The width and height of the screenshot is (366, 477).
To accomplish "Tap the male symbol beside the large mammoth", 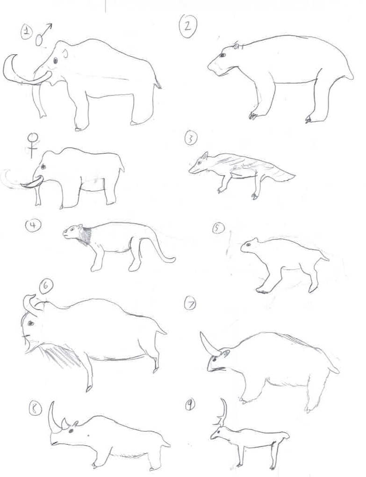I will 43,35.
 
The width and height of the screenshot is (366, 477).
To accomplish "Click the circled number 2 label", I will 188,25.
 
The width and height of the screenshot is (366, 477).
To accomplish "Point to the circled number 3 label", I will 191,139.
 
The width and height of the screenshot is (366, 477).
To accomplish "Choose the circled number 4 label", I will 33,225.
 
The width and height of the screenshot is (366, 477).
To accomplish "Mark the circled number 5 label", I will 218,228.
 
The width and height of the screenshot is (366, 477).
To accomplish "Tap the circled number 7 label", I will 190,304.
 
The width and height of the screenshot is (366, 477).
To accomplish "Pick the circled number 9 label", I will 190,405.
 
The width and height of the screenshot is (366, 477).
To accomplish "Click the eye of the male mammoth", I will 55,60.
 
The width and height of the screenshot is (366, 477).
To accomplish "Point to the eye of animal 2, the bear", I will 222,55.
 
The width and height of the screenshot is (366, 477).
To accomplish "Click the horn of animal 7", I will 208,344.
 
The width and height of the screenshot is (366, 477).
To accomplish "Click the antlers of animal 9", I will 223,412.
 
